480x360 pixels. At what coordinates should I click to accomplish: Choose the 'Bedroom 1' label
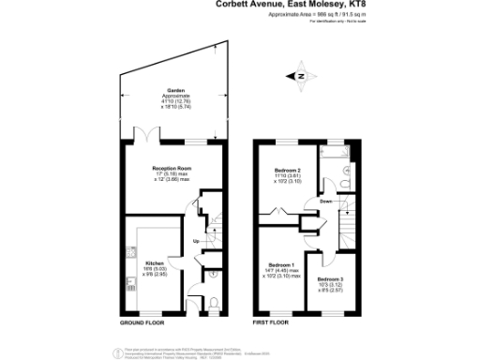(281, 265)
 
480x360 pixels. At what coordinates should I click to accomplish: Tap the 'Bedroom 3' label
(329, 278)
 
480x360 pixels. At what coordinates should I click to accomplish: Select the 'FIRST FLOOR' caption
(270, 322)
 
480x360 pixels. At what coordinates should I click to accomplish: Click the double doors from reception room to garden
(146, 140)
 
